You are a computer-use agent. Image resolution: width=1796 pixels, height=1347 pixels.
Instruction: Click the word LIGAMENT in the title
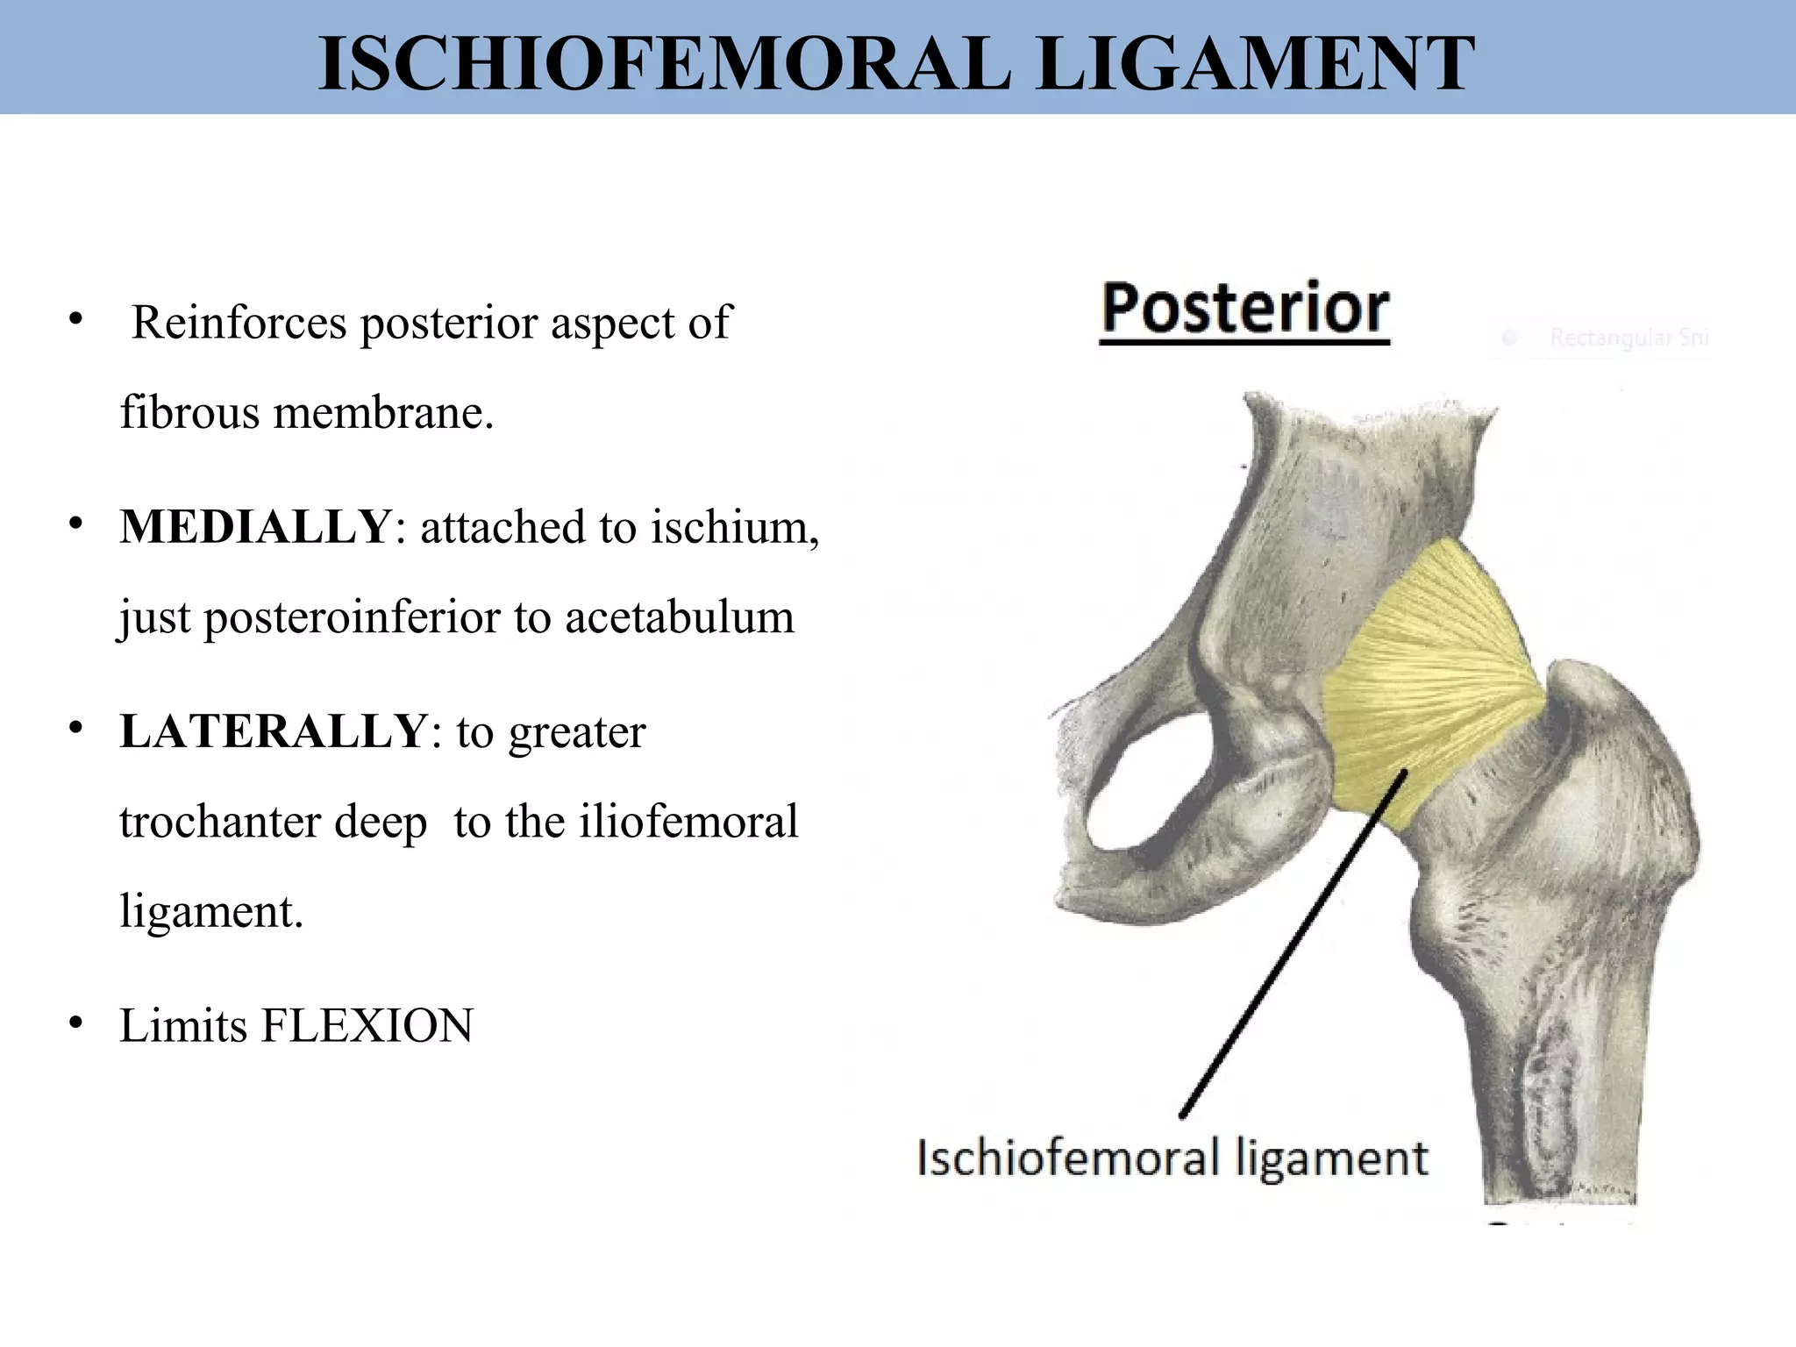pos(1255,63)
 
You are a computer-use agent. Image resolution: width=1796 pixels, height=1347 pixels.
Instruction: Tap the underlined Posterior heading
pos(1244,309)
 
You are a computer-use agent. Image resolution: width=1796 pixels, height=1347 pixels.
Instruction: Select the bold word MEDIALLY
pos(255,527)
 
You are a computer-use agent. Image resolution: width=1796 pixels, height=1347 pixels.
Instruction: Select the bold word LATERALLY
pos(273,731)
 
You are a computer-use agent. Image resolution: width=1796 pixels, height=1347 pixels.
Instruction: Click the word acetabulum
pos(680,616)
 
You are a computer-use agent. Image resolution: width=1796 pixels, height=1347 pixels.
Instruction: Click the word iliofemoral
pos(688,822)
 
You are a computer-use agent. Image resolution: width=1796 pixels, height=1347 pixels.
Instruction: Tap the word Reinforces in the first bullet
pos(239,323)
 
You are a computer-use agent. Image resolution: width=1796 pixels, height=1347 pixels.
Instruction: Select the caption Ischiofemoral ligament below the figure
pos(1172,1158)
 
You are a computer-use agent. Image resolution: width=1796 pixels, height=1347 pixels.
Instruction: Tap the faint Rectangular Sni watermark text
pos(1627,338)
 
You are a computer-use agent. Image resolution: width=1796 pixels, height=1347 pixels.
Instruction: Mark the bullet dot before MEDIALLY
pos(76,524)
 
